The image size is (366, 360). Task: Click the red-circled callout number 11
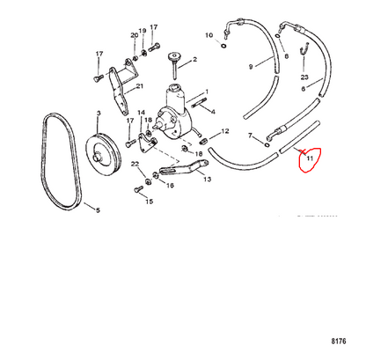click(x=310, y=158)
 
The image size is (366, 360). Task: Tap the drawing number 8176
click(x=339, y=342)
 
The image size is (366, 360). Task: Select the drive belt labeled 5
click(x=61, y=161)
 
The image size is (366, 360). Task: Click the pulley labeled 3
click(x=104, y=155)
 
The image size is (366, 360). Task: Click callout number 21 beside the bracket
click(x=140, y=86)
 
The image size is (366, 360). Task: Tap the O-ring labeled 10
click(x=223, y=46)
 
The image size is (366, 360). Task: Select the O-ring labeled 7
click(x=267, y=145)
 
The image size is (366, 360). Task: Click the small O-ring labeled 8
click(x=277, y=36)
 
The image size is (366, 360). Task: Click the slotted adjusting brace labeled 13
click(x=184, y=168)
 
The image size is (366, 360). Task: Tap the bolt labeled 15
click(x=138, y=190)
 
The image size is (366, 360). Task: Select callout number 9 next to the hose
click(x=251, y=67)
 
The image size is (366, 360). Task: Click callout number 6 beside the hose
click(x=304, y=88)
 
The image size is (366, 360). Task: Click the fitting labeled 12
click(x=203, y=142)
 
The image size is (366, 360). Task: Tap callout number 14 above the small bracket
click(x=142, y=113)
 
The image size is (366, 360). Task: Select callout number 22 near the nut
click(x=135, y=164)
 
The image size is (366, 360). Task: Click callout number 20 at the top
click(x=135, y=35)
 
